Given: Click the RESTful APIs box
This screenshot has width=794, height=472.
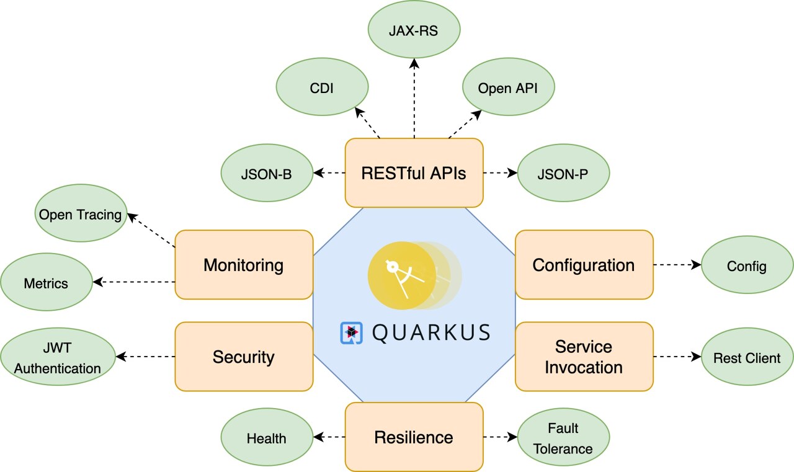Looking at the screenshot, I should click(x=414, y=172).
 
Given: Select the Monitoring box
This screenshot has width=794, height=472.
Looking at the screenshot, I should click(x=244, y=265).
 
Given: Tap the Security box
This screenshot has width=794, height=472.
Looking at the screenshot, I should click(x=244, y=357).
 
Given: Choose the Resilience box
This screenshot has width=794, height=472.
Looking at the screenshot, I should click(x=414, y=437).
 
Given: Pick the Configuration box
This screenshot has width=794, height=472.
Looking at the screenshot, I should click(x=584, y=265).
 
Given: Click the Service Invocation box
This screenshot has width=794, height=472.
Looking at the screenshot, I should click(x=584, y=357).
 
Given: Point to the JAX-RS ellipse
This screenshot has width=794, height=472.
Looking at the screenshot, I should click(x=414, y=30).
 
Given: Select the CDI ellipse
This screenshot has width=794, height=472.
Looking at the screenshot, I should click(x=321, y=87).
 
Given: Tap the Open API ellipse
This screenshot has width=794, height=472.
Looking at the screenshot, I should click(x=507, y=87).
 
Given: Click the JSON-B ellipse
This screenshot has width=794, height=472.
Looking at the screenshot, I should click(x=266, y=174).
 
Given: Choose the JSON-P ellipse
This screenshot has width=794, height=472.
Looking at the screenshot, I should click(x=563, y=174).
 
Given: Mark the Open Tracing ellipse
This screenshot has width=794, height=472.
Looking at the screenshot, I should click(x=81, y=215).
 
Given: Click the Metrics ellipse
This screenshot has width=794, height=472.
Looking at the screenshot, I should click(x=46, y=283).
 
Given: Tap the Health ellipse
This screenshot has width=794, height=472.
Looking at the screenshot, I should click(x=267, y=438).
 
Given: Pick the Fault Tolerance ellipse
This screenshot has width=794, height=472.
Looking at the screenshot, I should click(x=563, y=438).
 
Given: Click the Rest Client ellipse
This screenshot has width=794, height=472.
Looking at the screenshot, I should click(x=747, y=357).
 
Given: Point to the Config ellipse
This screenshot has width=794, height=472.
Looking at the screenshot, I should click(x=747, y=266).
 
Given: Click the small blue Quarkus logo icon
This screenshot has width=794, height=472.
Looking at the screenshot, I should click(x=351, y=332).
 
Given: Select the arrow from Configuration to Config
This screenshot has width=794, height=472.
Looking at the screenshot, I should click(x=677, y=265).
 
